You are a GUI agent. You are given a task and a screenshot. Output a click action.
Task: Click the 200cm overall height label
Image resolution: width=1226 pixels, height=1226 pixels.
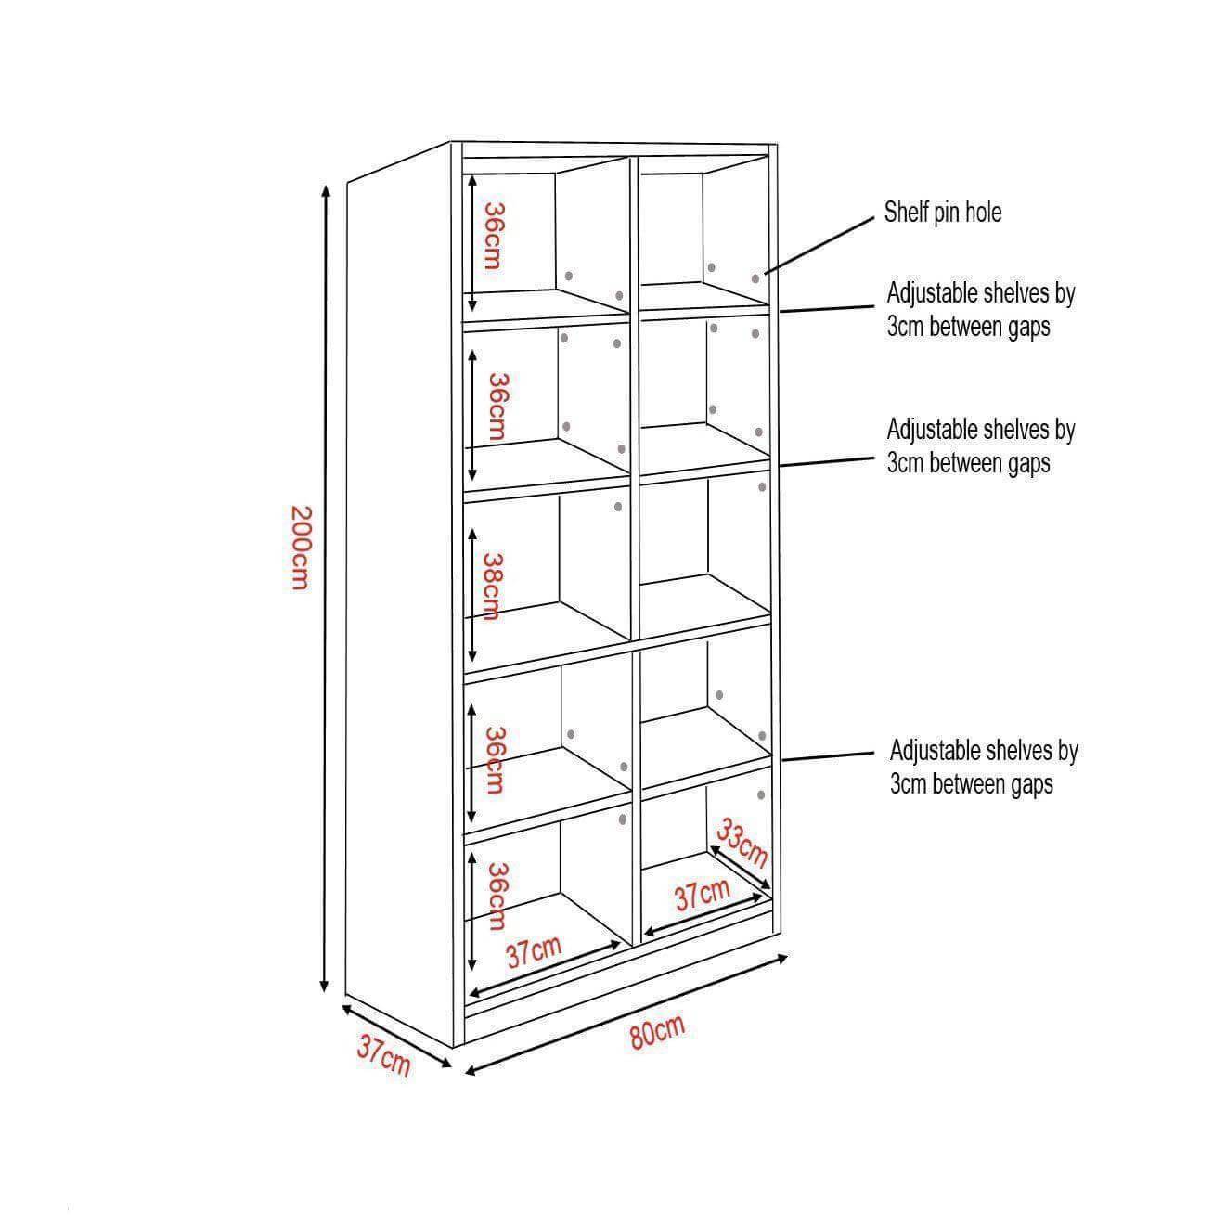pyautogui.click(x=301, y=548)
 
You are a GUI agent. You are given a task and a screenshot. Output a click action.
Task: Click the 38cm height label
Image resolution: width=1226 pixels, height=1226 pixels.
pyautogui.click(x=493, y=586)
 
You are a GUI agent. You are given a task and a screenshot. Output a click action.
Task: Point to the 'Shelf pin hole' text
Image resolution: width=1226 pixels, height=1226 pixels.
pyautogui.click(x=942, y=213)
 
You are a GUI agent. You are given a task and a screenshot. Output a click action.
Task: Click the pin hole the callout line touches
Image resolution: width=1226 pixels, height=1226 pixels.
pyautogui.click(x=755, y=278)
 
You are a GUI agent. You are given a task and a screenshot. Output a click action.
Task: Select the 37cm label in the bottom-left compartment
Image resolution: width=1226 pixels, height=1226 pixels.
pyautogui.click(x=534, y=951)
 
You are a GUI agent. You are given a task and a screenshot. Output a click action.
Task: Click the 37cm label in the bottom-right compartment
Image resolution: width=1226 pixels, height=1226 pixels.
pyautogui.click(x=702, y=896)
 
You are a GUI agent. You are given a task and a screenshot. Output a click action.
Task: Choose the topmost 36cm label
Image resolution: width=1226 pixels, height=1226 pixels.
pyautogui.click(x=493, y=236)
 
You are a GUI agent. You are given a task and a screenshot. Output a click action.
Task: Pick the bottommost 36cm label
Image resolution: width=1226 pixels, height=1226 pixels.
pyautogui.click(x=497, y=897)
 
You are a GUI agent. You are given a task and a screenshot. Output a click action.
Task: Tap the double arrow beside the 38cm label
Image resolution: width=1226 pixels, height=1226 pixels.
pyautogui.click(x=472, y=596)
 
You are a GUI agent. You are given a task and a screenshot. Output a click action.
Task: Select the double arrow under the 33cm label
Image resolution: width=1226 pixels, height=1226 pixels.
pyautogui.click(x=741, y=867)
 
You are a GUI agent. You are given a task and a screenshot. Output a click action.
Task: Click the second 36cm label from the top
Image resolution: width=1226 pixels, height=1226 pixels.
pyautogui.click(x=497, y=407)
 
